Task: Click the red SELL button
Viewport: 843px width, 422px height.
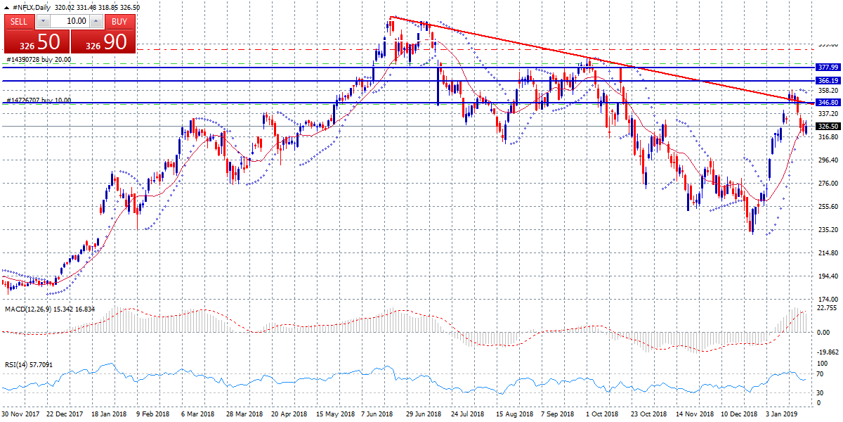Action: click(19, 21)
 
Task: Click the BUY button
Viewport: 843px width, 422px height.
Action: click(120, 21)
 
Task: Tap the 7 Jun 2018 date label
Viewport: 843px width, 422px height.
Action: click(378, 415)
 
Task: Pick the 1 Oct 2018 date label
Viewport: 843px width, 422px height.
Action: click(601, 415)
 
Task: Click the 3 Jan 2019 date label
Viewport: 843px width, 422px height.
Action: click(780, 415)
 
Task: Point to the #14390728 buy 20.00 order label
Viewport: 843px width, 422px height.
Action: click(38, 60)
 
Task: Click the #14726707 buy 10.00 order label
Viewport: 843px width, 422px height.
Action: click(38, 101)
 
